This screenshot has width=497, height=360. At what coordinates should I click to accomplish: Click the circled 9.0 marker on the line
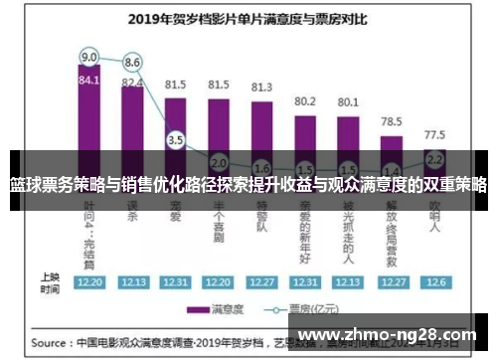[89, 57]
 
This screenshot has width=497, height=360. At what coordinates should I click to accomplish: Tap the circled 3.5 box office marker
[176, 140]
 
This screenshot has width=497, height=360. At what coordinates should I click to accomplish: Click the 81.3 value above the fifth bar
[261, 87]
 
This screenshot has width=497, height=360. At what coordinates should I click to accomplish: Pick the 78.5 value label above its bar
[392, 119]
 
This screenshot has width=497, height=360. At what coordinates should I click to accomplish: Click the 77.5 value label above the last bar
[434, 133]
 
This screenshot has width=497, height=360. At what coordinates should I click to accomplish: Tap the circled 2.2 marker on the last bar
[434, 158]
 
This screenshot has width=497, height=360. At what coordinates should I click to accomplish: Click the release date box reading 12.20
[89, 281]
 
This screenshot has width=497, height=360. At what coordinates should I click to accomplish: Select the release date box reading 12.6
[434, 281]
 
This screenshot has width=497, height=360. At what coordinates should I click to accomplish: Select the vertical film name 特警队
[261, 225]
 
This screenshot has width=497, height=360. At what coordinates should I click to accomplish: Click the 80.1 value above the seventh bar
[348, 101]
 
